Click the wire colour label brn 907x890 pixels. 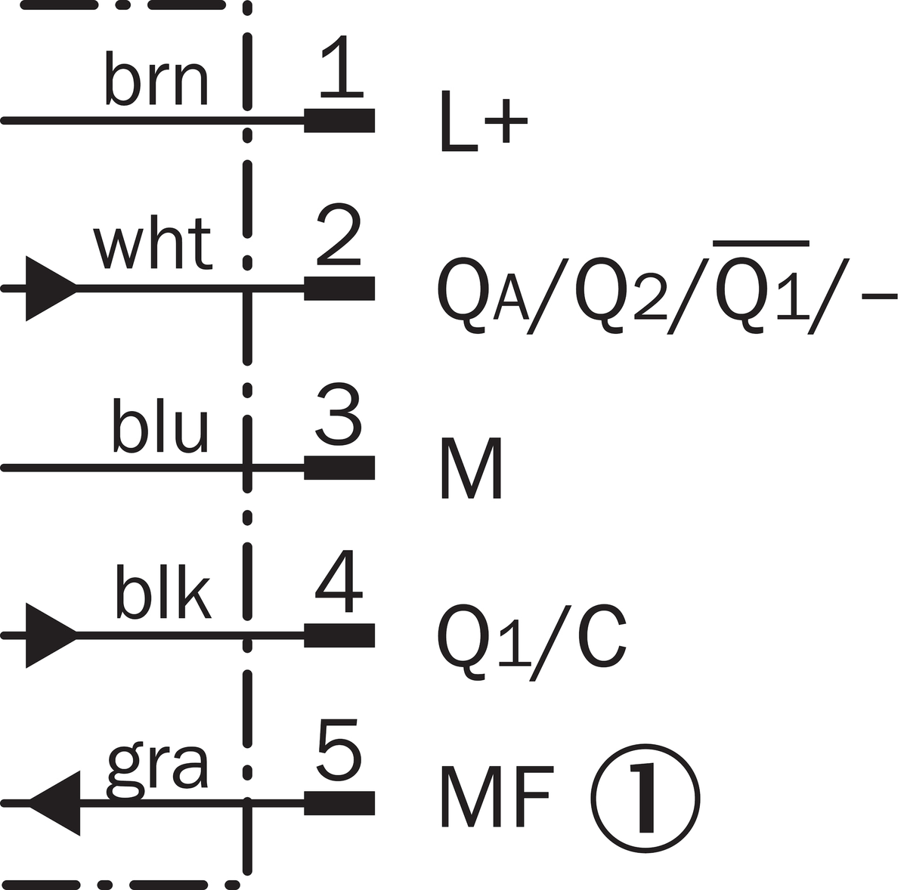(156, 79)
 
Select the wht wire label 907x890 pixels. (153, 244)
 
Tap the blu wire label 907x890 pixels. (160, 425)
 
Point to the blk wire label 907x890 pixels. (163, 591)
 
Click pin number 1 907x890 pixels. (342, 66)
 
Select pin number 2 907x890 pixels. (339, 235)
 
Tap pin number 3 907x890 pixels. (339, 414)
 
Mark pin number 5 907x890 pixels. (339, 750)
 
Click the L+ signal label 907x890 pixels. (484, 122)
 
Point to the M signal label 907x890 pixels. (472, 468)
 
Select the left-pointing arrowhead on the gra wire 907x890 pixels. (54, 803)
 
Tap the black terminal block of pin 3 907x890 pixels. (339, 468)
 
